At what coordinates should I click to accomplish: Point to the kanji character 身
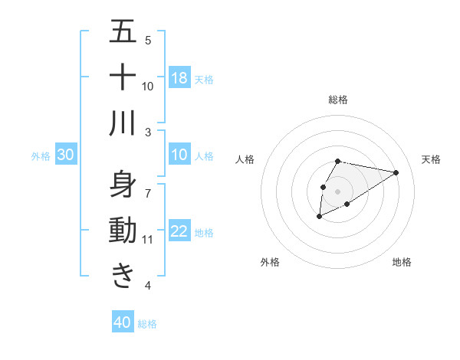(x=123, y=185)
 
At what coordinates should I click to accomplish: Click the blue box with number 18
(x=179, y=78)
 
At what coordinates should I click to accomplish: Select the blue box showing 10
(x=179, y=155)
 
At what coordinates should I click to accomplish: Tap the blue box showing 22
(x=179, y=232)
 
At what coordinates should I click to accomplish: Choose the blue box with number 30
(x=66, y=155)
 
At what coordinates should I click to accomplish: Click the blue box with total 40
(x=123, y=322)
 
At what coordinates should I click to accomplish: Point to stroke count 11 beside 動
(x=148, y=240)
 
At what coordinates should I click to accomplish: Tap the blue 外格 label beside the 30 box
(x=41, y=156)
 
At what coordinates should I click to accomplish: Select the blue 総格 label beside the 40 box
(x=147, y=324)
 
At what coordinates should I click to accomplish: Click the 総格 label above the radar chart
(x=338, y=100)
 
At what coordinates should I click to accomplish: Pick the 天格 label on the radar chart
(x=432, y=159)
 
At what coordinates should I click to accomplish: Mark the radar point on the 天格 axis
(x=396, y=172)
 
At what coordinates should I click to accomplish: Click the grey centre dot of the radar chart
(x=338, y=191)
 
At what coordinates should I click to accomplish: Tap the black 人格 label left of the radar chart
(x=245, y=159)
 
